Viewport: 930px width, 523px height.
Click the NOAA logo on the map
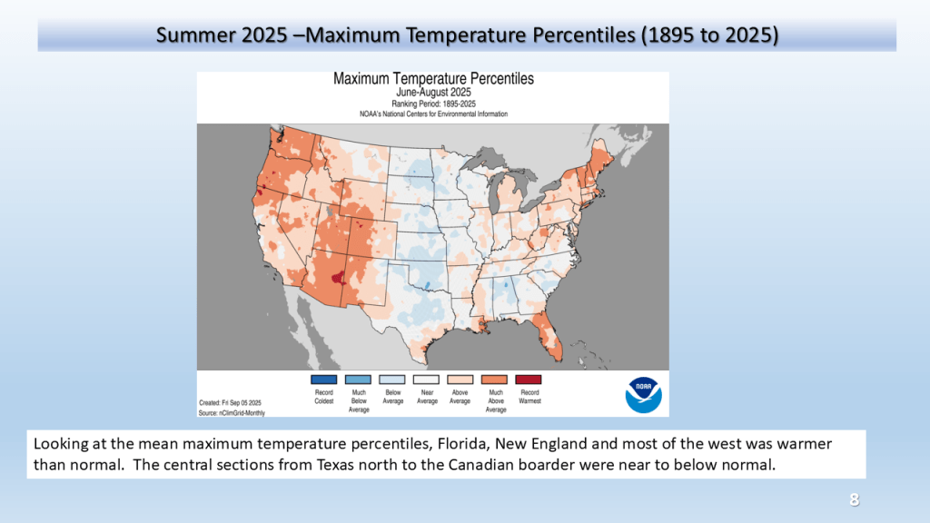[x=643, y=395]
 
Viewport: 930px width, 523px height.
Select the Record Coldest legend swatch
[x=323, y=380]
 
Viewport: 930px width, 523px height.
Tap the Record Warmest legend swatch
[x=528, y=380]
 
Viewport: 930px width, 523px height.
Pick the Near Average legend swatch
[x=426, y=380]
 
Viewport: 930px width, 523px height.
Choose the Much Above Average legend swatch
[x=494, y=380]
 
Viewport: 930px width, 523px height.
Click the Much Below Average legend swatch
[x=358, y=380]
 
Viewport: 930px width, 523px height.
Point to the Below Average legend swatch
[x=391, y=380]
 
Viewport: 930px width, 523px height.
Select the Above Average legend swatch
[x=460, y=380]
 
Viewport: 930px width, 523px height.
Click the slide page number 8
[x=854, y=500]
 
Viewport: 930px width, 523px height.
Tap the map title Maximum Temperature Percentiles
[x=433, y=79]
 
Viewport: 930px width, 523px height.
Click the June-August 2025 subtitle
[x=433, y=93]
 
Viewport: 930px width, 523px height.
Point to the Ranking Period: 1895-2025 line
[x=433, y=104]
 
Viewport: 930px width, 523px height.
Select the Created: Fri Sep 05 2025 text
[x=230, y=402]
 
